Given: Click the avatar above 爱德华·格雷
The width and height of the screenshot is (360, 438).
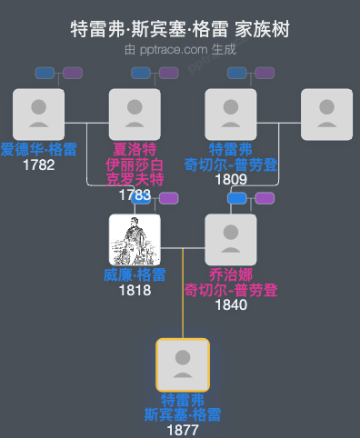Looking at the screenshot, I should [39, 114].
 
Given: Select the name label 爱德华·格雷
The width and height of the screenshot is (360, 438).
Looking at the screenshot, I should [39, 150].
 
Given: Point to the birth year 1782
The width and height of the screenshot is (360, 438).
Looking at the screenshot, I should [39, 164].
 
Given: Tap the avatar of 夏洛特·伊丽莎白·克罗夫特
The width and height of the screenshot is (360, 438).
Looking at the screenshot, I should [135, 114].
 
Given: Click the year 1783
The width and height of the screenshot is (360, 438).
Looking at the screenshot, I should [135, 194].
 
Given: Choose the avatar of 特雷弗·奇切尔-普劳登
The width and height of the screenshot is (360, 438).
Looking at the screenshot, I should [231, 114].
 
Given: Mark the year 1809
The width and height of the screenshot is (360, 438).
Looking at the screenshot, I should [231, 179].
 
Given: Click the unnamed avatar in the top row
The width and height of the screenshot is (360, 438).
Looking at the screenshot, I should [326, 114].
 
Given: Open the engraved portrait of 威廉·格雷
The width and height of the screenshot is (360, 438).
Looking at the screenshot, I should [135, 239].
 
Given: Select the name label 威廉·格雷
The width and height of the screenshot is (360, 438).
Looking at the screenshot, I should [135, 275].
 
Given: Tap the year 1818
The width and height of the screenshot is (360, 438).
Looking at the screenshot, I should [135, 290].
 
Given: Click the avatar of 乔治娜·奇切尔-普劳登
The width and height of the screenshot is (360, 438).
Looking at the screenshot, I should [231, 239].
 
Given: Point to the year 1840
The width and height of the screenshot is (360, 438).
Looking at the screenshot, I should [231, 304].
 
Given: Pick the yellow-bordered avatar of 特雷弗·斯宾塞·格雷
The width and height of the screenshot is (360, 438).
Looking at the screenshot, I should [183, 364].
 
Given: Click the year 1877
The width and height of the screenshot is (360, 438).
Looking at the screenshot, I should [183, 430].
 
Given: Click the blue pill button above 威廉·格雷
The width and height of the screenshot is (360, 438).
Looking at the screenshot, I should [143, 198].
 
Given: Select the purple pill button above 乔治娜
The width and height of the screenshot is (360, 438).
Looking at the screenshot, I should [265, 198].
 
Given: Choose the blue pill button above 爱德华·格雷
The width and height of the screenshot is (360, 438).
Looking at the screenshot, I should [45, 73].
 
